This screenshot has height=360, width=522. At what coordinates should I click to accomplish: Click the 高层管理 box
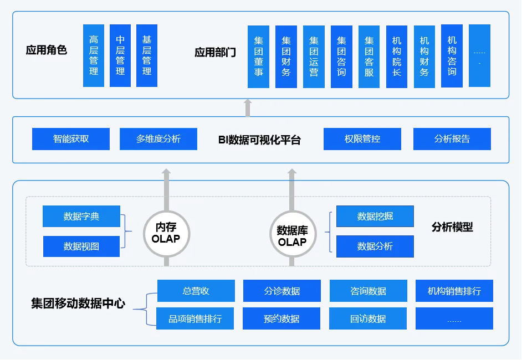[94, 55]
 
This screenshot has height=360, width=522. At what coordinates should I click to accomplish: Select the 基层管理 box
[147, 55]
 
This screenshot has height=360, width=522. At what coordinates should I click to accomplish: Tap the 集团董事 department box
[259, 56]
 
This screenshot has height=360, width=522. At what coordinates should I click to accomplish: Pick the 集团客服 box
[369, 56]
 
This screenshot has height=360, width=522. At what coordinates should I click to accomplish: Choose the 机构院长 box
[397, 56]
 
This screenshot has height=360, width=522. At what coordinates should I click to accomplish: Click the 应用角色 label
[47, 50]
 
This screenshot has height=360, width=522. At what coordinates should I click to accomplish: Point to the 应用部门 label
[215, 53]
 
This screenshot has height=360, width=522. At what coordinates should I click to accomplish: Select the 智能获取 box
[71, 139]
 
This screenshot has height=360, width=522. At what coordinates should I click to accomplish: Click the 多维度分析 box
[158, 139]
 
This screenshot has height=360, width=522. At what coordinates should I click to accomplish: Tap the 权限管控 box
[362, 139]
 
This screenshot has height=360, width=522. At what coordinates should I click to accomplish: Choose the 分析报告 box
[452, 139]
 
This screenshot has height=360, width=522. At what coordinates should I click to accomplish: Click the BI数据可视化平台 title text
[259, 140]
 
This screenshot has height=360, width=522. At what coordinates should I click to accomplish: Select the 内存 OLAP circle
[166, 233]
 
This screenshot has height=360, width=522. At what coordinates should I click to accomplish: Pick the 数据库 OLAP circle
[292, 236]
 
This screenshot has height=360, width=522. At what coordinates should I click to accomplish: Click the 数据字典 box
[81, 217]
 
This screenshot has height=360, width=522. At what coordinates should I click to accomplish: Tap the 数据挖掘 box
[375, 216]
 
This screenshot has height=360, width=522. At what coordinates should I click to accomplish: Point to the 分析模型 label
[452, 227]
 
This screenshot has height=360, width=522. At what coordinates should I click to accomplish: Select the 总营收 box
[196, 291]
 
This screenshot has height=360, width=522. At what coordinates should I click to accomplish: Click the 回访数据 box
[368, 318]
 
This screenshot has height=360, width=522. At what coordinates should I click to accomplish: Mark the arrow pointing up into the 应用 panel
[248, 108]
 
